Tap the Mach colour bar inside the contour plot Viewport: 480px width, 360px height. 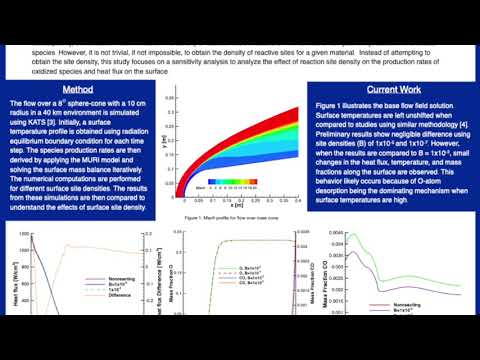pos(229,184)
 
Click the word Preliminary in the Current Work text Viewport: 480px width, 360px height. pos(338,131)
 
